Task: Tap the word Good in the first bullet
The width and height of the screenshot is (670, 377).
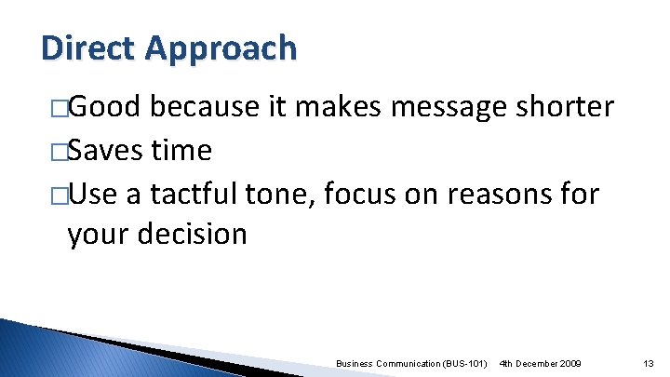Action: (105, 108)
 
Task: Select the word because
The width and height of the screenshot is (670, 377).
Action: (206, 108)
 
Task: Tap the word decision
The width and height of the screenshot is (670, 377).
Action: (194, 234)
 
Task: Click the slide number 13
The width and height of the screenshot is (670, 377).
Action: (650, 362)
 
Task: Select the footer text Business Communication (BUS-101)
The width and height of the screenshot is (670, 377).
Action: (411, 362)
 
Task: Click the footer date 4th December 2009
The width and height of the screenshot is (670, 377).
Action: (541, 362)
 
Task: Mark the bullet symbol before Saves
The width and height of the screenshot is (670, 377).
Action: (59, 151)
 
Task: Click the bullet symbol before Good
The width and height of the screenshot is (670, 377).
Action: (59, 109)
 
